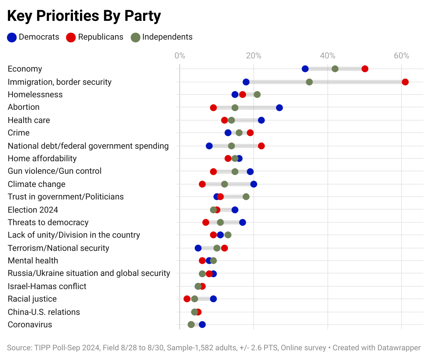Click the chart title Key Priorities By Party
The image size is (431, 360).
pos(84,16)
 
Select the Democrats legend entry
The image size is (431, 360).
pos(33,37)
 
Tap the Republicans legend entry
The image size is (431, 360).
pos(95,37)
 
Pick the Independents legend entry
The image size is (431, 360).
pos(162,37)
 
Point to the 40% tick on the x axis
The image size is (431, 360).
pos(327,56)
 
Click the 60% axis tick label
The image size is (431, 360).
pos(401,56)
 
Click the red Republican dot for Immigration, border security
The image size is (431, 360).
pos(405,82)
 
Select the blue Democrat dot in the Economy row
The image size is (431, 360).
pos(305,69)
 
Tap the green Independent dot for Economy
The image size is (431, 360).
pos(335,69)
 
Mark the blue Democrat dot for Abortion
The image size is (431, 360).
pos(279,108)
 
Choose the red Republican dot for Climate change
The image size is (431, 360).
pos(202,184)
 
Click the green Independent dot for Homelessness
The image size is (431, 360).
pos(257,95)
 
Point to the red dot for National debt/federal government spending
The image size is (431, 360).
pos(261,146)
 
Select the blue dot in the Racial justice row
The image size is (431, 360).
pos(213,299)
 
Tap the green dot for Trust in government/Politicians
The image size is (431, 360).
pos(246,197)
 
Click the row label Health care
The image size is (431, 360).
pos(29,120)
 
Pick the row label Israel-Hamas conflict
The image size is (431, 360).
pos(47,286)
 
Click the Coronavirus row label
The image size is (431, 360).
pos(30,325)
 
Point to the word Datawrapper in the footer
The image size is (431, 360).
pos(399,348)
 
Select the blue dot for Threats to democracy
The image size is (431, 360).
pos(243,222)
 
